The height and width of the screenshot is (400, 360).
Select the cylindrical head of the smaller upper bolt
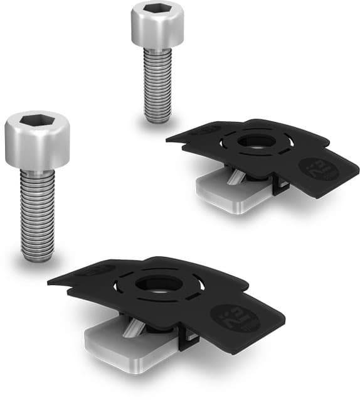pos(157,28)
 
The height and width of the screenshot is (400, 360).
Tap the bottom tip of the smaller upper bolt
pos(157,119)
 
